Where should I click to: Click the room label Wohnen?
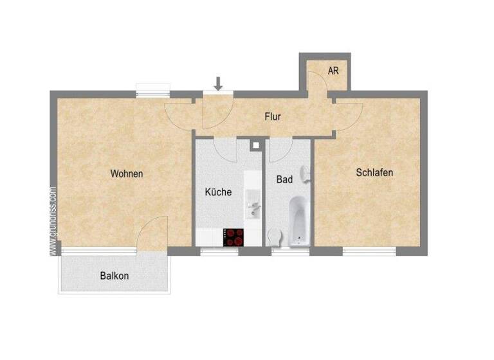click(127, 174)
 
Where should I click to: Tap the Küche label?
click(218, 192)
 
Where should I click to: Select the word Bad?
click(284, 179)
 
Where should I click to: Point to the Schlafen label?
click(374, 172)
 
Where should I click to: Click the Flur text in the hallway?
click(273, 117)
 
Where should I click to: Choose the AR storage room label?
click(333, 71)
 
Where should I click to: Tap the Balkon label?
click(114, 276)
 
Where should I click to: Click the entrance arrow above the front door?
click(219, 83)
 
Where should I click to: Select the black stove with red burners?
click(233, 237)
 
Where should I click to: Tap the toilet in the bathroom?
click(275, 237)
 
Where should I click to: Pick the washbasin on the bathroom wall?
click(307, 174)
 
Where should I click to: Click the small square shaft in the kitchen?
click(256, 145)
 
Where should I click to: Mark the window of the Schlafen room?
click(368, 251)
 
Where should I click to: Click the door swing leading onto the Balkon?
click(154, 233)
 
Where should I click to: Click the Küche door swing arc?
click(225, 150)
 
